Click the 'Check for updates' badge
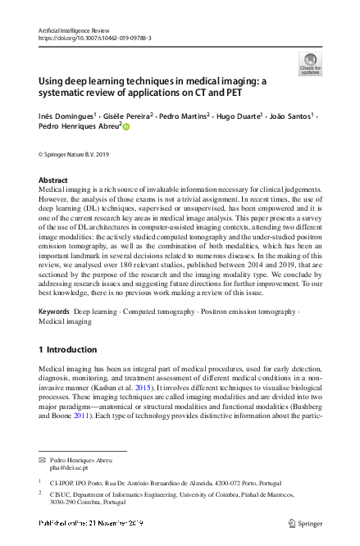[x=311, y=63]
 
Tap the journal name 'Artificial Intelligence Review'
[x=73, y=30]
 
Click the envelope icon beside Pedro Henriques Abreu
[x=43, y=460]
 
